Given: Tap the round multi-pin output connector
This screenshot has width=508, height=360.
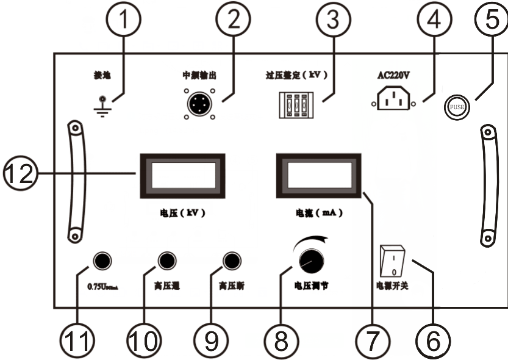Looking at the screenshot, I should point(198,104).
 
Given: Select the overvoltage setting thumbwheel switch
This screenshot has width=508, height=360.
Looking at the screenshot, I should point(296,104).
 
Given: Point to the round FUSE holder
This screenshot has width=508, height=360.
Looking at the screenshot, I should point(456,107).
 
